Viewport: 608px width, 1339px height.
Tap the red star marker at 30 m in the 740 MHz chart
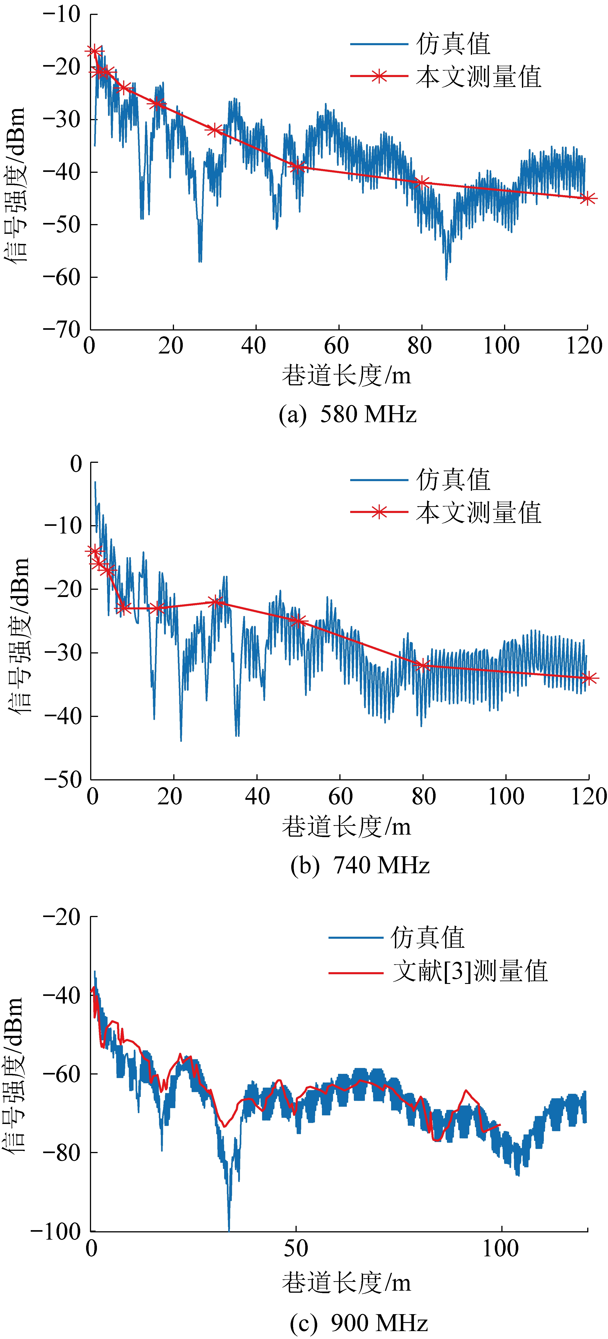(215, 602)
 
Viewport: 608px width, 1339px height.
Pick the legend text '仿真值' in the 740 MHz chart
(453, 479)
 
